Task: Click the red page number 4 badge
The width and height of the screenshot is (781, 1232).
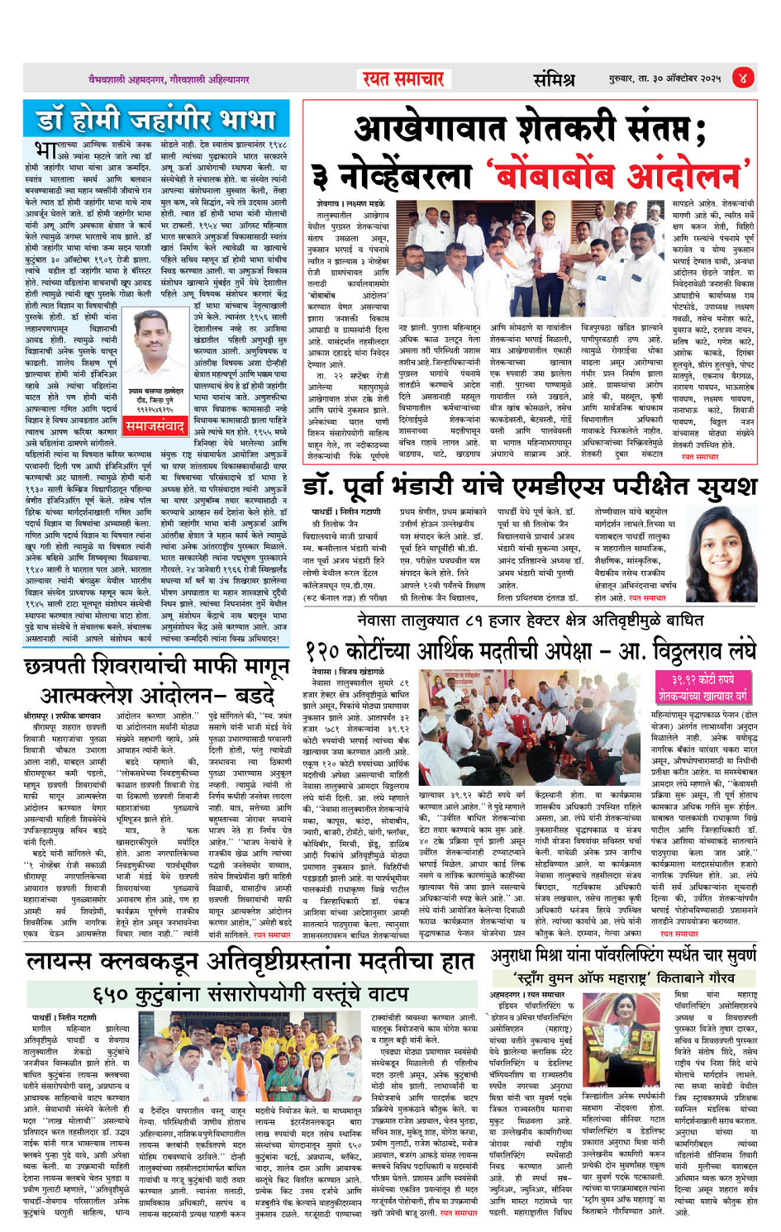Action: click(x=743, y=78)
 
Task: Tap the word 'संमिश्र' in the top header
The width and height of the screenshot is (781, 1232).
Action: click(x=553, y=79)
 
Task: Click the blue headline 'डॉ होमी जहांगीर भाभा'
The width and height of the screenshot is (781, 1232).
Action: click(x=156, y=120)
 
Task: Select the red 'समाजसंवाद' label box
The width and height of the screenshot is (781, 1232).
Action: click(x=155, y=425)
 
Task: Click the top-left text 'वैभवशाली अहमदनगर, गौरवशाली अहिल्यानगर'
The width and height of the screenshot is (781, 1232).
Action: click(x=169, y=79)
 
